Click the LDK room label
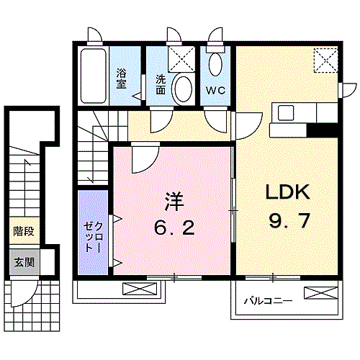tap(287, 192)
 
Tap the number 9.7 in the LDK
tap(289, 221)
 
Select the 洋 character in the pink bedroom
tap(174, 202)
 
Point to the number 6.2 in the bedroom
tap(174, 228)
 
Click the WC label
tap(215, 90)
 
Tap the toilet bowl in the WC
tap(215, 63)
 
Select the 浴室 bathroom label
tap(121, 78)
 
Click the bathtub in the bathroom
tap(94, 76)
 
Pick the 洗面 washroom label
tap(161, 84)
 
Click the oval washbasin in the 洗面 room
tap(184, 89)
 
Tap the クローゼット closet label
tap(93, 237)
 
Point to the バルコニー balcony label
tap(268, 300)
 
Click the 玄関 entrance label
tap(24, 262)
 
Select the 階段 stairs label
tap(24, 231)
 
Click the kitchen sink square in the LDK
tap(286, 112)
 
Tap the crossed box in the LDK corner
tap(326, 60)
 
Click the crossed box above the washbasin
tap(181, 59)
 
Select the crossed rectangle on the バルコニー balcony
tap(321, 293)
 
